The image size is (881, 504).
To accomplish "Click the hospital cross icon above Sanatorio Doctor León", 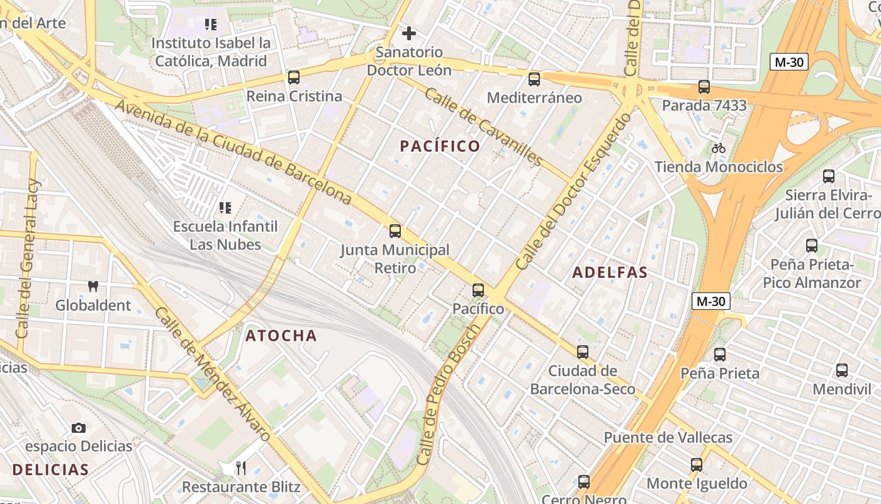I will (x=409, y=33).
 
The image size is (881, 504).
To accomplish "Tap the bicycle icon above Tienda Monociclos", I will (x=719, y=148).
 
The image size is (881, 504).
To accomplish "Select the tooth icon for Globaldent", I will (x=93, y=286).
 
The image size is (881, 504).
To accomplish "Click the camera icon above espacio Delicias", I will (x=78, y=428).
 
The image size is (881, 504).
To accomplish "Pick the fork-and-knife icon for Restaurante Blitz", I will (x=240, y=467).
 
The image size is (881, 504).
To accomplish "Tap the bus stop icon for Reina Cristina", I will (x=294, y=77).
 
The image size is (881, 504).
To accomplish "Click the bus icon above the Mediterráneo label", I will (x=534, y=79).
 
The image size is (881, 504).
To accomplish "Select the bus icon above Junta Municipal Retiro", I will (x=395, y=231).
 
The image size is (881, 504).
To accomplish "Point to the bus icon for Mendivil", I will (x=842, y=370).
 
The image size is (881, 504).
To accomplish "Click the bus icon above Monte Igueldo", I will (x=697, y=465).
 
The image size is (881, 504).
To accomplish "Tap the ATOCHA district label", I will (x=281, y=335).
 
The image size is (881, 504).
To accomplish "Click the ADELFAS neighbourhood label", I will (x=610, y=273).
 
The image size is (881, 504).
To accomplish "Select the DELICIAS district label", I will (x=50, y=469).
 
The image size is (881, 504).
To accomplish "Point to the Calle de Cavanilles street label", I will (x=483, y=127).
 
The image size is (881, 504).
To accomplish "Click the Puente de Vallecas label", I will (x=668, y=437).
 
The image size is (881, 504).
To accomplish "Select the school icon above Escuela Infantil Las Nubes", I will (x=225, y=207).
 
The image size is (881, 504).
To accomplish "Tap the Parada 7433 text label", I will (x=704, y=105).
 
